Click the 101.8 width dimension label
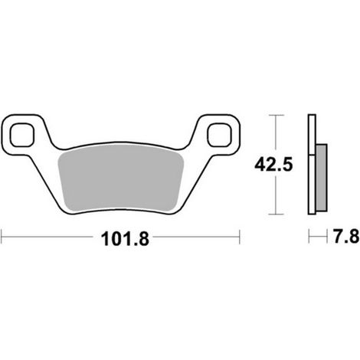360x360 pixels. [x=125, y=239]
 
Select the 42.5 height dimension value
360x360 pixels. [x=273, y=165]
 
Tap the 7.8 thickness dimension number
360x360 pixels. [x=346, y=236]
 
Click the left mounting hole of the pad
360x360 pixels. [x=22, y=135]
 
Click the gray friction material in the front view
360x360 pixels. [x=121, y=178]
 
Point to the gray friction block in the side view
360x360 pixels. [x=322, y=178]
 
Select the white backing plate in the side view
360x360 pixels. [x=312, y=164]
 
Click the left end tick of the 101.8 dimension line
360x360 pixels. [x=2, y=237]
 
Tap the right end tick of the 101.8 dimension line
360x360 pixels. [x=240, y=237]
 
